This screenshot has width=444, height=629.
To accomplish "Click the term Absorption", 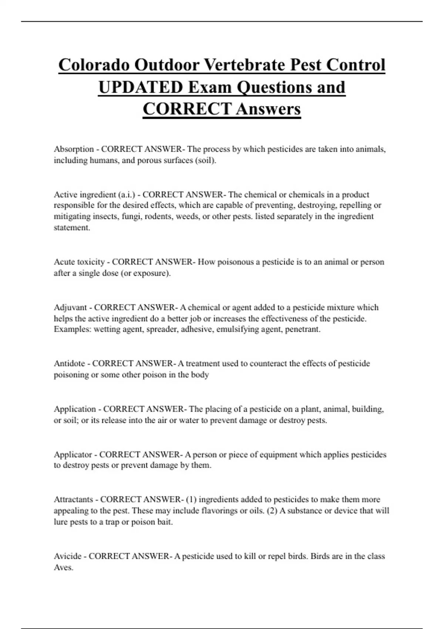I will pyautogui.click(x=74, y=149).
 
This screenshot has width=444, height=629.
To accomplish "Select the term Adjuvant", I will pyautogui.click(x=70, y=307).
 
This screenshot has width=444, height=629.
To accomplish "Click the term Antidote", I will pyautogui.click(x=70, y=363).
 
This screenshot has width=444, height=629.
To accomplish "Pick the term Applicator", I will pyautogui.click(x=73, y=454).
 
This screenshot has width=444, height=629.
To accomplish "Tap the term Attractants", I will pyautogui.click(x=73, y=499).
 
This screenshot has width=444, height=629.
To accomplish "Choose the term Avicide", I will pyautogui.click(x=68, y=556).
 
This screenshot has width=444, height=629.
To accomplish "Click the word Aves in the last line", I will pyautogui.click(x=63, y=568).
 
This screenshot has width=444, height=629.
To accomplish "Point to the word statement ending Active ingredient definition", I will pyautogui.click(x=72, y=228).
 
